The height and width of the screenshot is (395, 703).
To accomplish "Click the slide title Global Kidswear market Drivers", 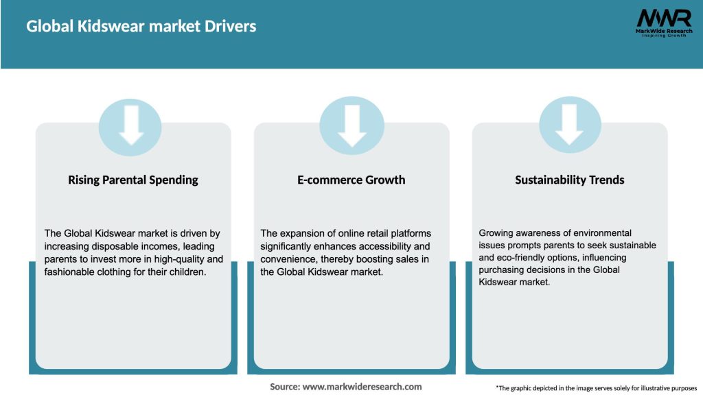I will pyautogui.click(x=141, y=27).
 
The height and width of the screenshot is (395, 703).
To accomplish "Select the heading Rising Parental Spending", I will pyautogui.click(x=133, y=180).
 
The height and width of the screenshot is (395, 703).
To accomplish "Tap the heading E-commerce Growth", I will pyautogui.click(x=351, y=180).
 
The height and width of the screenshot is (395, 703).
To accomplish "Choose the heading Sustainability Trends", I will pyautogui.click(x=570, y=180).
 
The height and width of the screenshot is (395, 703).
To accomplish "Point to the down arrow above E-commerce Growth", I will pyautogui.click(x=352, y=125).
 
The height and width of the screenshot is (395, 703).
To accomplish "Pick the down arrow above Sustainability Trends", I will pyautogui.click(x=570, y=125).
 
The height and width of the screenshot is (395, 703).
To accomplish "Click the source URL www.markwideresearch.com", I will pyautogui.click(x=362, y=387).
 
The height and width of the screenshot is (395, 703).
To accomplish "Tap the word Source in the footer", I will pyautogui.click(x=284, y=387).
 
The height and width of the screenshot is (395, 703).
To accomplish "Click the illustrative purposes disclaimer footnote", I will pyautogui.click(x=596, y=388).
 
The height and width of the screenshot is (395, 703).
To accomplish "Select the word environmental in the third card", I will pyautogui.click(x=598, y=234).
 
